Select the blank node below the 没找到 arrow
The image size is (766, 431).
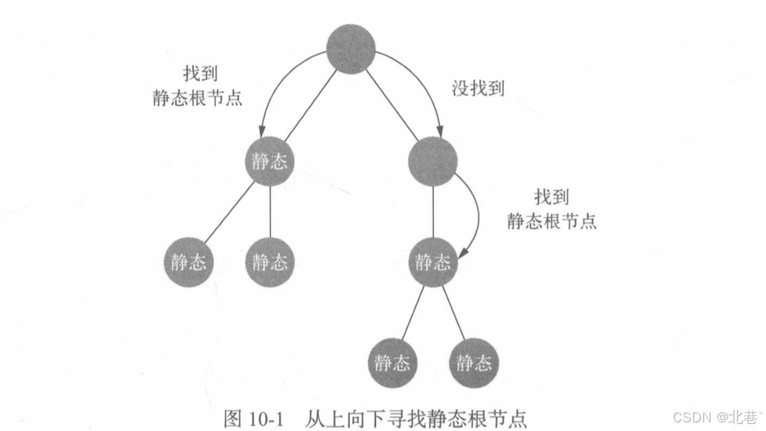point(433,161)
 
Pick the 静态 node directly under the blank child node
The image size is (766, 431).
point(433,261)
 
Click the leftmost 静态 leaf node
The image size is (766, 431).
point(189,261)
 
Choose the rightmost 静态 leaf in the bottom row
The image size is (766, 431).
point(474,362)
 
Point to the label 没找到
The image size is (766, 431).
point(478,89)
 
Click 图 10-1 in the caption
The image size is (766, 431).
point(251,416)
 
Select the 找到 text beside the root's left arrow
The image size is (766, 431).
point(197,74)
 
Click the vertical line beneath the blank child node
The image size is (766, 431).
point(433,211)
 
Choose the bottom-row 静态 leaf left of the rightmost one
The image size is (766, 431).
point(392,362)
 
